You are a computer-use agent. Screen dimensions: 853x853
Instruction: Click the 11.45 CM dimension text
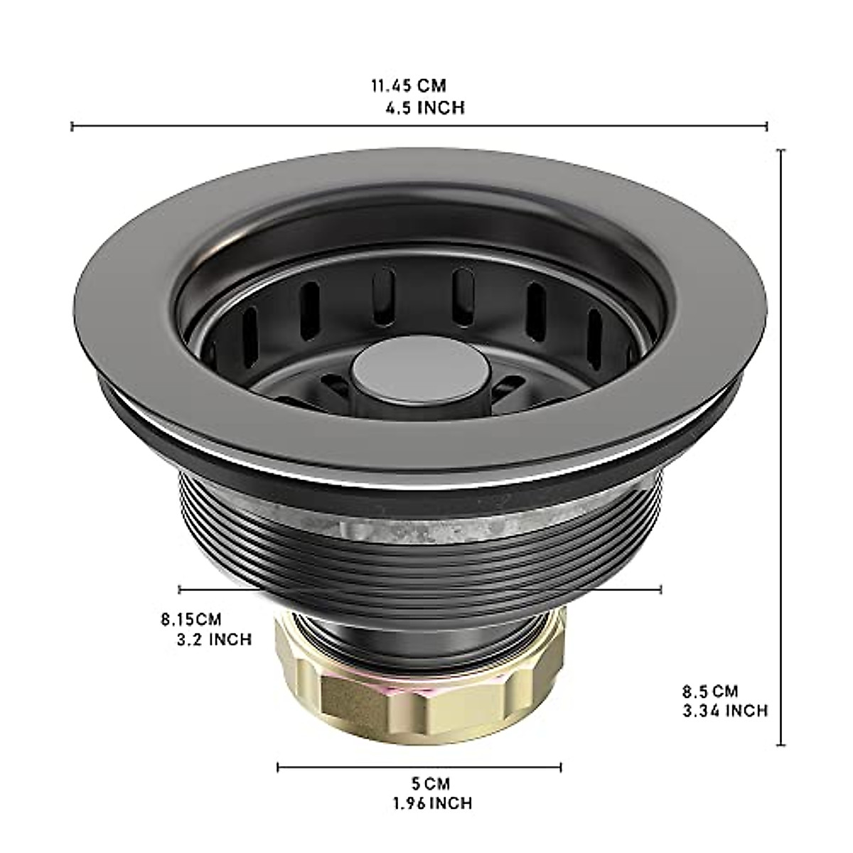pos(408,86)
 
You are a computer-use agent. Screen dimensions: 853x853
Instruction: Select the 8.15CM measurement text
pos(191,619)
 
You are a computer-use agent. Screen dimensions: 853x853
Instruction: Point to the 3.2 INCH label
pos(213,640)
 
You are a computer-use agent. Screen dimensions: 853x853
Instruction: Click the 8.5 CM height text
pos(711,690)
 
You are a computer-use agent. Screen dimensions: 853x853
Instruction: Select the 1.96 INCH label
pos(431,803)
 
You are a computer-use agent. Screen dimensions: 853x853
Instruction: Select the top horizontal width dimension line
pos(419,127)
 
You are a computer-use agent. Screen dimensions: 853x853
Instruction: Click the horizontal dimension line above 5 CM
pos(419,767)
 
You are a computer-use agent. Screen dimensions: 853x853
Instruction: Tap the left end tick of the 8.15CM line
pos(180,589)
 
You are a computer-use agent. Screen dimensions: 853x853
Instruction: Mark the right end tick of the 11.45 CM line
pos(767,127)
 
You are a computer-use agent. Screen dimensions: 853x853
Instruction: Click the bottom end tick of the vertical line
pos(783,745)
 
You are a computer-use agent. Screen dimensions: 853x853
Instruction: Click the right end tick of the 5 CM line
pos(561,767)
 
